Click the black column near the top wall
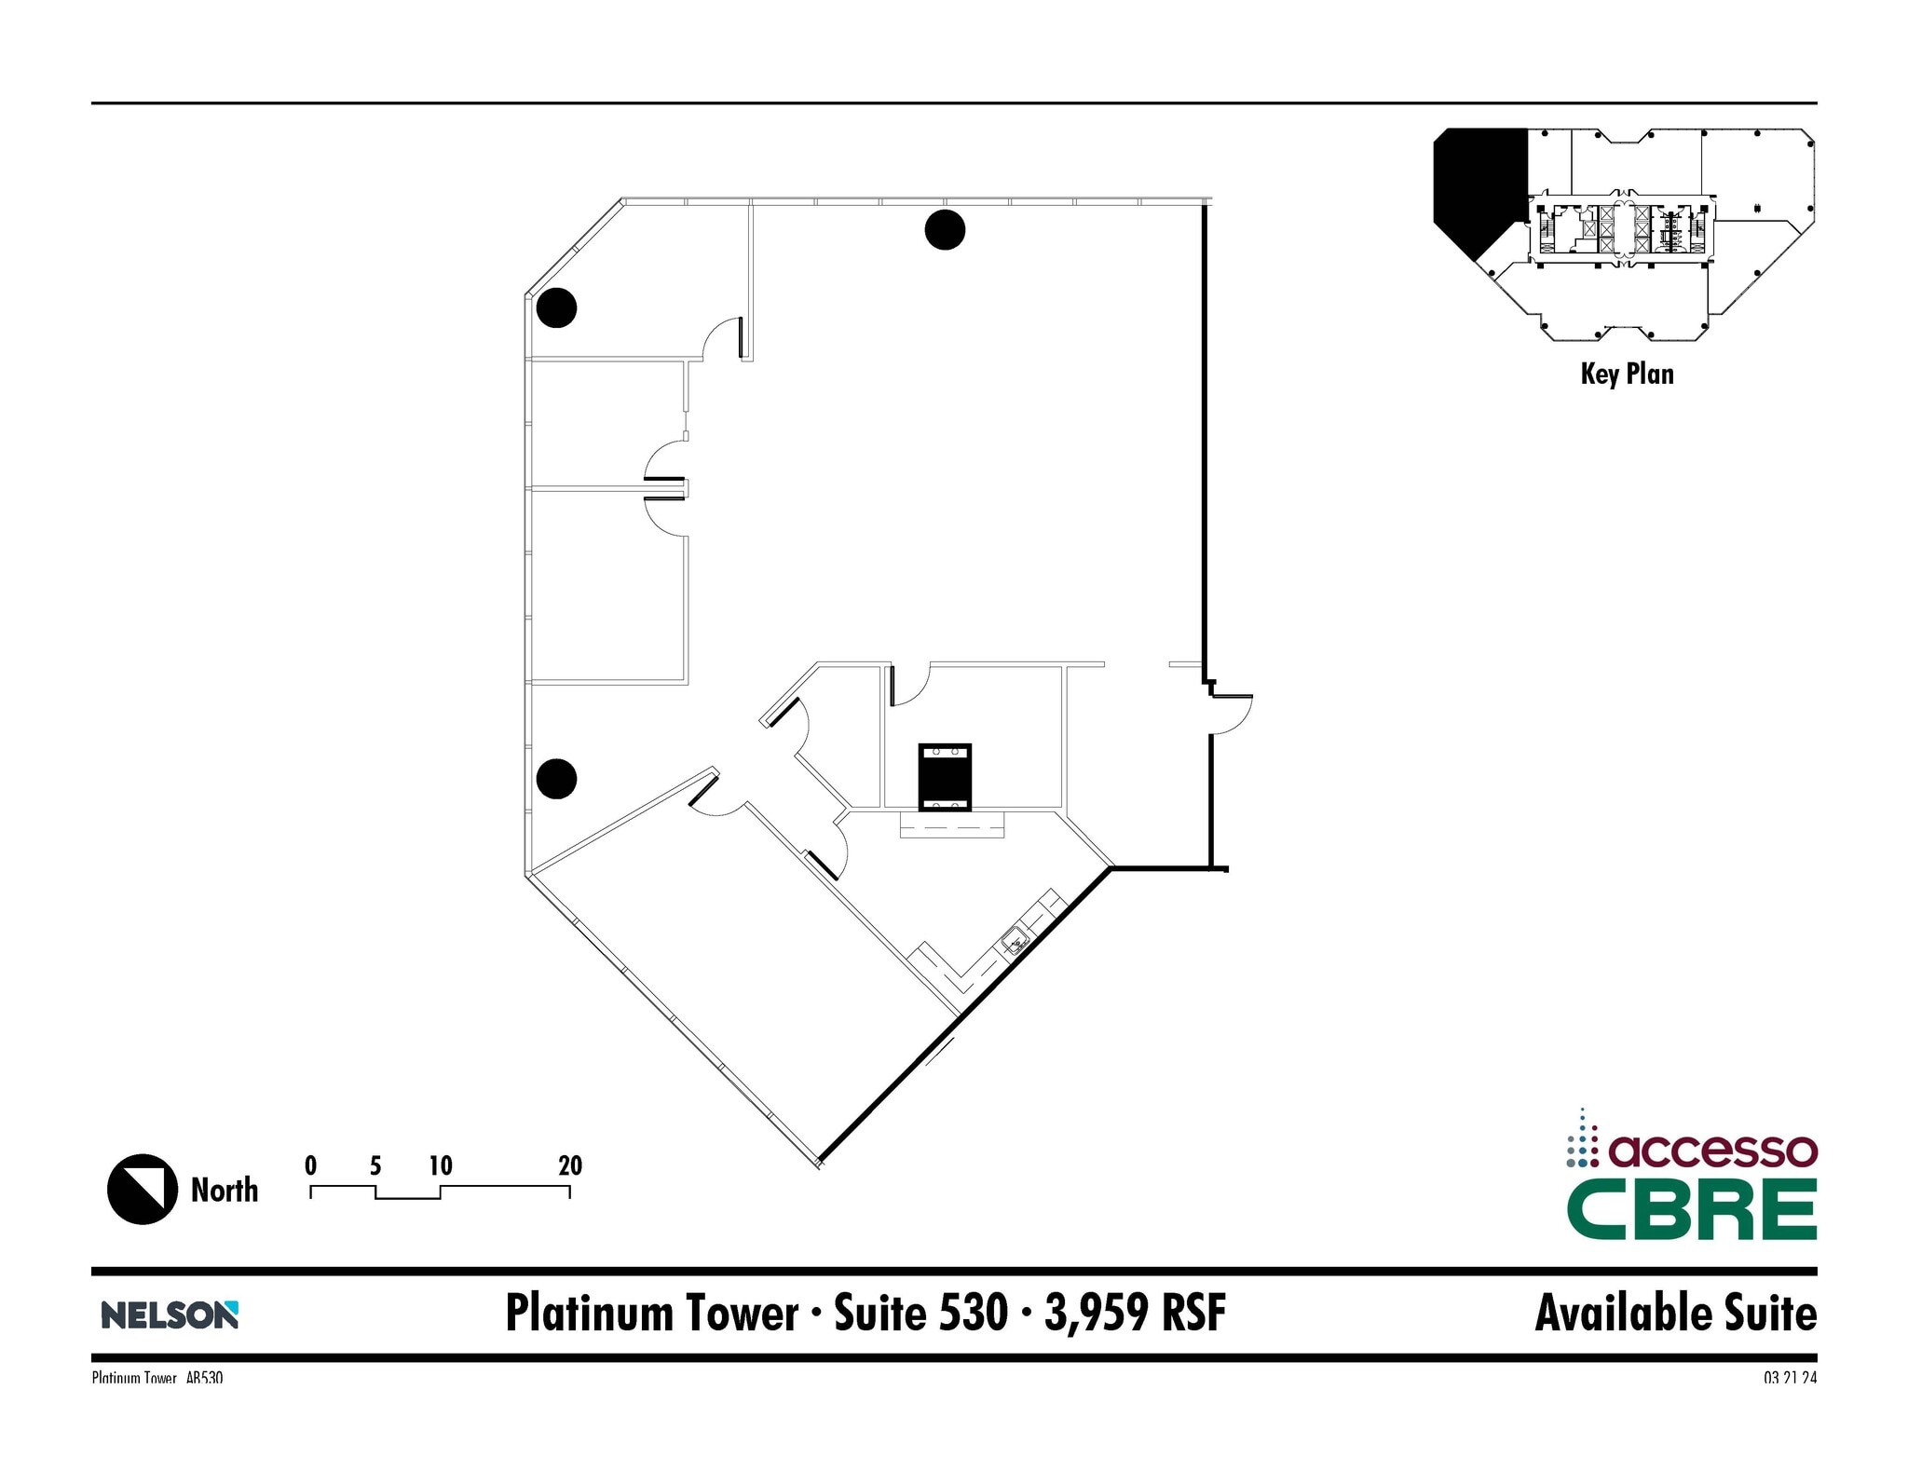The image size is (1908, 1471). coord(944,230)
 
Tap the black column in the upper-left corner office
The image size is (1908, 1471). coord(556,307)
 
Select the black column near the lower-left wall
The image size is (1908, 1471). coord(556,779)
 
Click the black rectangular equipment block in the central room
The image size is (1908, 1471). coord(945,777)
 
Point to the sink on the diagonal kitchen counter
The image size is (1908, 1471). coord(1015,941)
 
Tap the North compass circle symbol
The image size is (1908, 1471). coord(143,1189)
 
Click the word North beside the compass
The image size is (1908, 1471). coord(225,1190)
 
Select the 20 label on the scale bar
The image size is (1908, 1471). coord(570,1165)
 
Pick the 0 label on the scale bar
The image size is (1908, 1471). coord(310,1165)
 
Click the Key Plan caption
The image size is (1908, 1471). coord(1627,375)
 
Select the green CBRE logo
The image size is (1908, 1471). coord(1691,1210)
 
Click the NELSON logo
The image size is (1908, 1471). coord(170,1314)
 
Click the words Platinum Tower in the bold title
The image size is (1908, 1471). coord(652,1314)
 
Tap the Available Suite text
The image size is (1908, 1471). coord(1675,1314)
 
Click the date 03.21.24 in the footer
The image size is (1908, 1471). coord(1789,1377)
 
